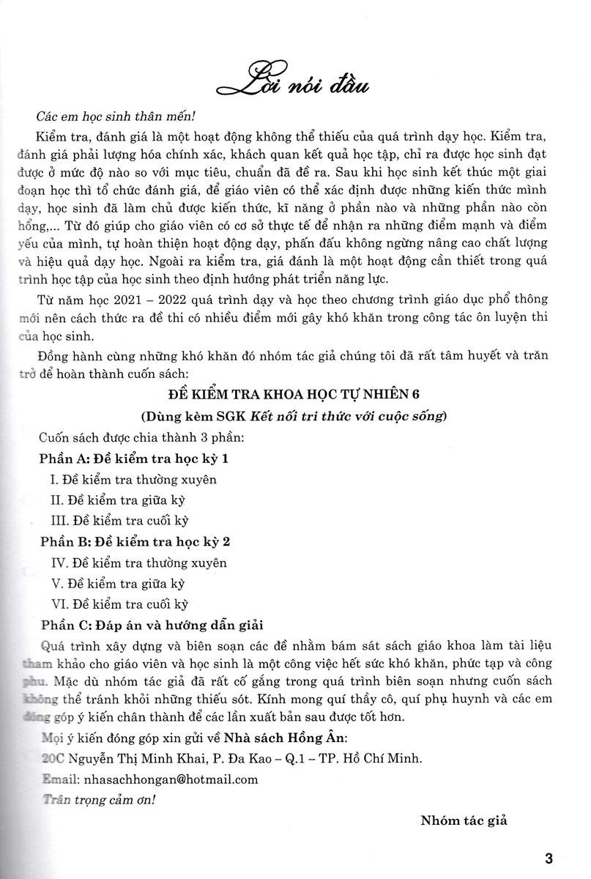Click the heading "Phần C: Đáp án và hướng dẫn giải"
pos(152,626)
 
